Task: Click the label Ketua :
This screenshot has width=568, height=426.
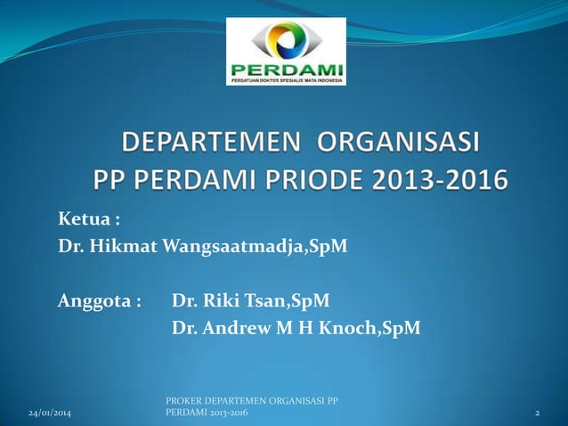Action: pyautogui.click(x=89, y=219)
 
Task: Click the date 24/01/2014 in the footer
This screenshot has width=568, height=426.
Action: pyautogui.click(x=50, y=415)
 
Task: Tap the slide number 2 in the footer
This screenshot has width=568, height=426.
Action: pyautogui.click(x=538, y=415)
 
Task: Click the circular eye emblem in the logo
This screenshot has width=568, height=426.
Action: pyautogui.click(x=286, y=37)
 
